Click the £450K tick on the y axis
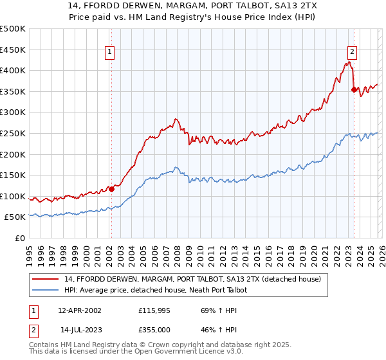point(13,50)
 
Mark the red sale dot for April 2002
point(111,189)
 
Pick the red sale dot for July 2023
point(354,89)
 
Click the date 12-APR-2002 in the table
point(79,310)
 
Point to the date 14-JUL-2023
point(79,329)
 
